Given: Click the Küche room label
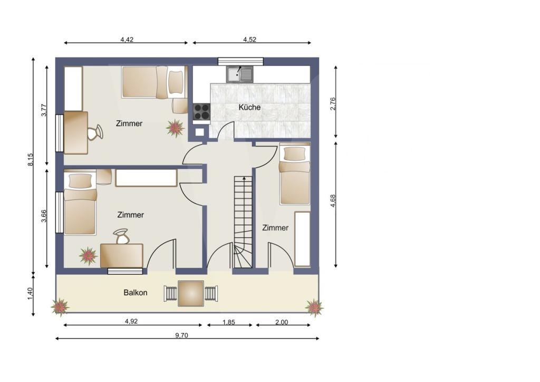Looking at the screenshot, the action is point(249,107).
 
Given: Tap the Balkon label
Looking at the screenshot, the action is point(136,292).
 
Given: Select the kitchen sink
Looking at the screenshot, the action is point(240,74).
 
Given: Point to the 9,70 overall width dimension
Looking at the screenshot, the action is point(181,335).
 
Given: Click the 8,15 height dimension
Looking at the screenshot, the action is point(31,160).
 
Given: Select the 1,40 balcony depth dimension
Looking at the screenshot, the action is point(30,294).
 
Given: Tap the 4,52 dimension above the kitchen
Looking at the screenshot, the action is point(249,39).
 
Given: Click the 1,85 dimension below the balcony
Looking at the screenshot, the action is point(229,322).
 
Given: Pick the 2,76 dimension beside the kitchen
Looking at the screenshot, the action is point(333,104).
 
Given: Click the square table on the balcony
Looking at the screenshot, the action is point(191,293).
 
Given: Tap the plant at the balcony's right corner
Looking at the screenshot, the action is point(314,308).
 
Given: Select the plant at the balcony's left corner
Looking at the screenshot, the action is point(60,307).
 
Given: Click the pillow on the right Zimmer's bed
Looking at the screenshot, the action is point(295,154).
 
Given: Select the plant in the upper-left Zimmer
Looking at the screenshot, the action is point(175,128).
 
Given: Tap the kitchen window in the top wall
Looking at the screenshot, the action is point(240,61).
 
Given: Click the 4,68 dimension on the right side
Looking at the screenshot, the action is point(333,201).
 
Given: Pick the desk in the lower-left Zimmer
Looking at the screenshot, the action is point(122,255).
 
